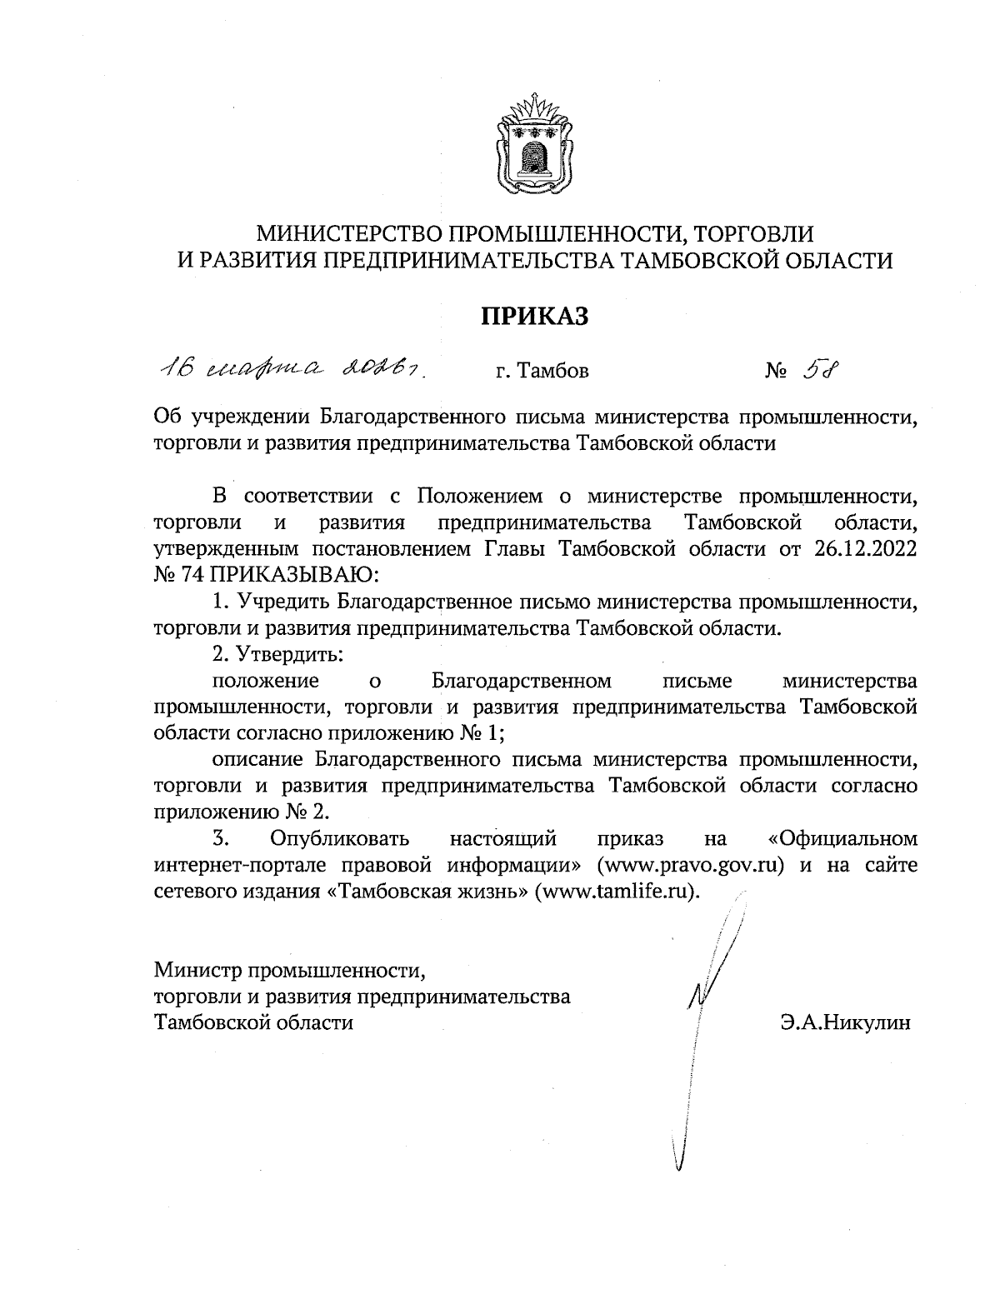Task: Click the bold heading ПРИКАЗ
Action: click(x=533, y=316)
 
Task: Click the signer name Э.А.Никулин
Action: click(x=846, y=1022)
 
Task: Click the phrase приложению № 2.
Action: click(x=243, y=812)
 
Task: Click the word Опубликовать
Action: click(x=341, y=837)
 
